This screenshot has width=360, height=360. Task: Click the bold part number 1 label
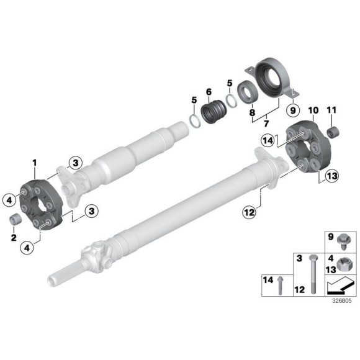[35, 163]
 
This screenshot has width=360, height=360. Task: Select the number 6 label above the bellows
[208, 92]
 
